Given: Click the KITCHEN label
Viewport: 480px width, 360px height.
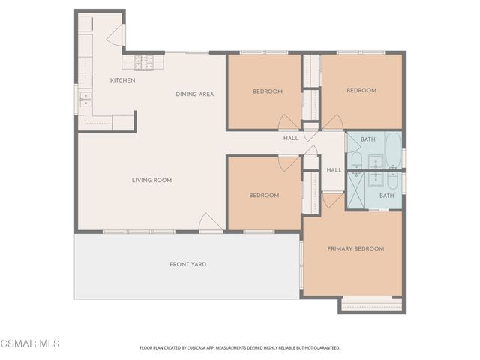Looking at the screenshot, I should (x=122, y=80).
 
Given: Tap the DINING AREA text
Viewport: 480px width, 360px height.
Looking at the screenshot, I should (x=195, y=94).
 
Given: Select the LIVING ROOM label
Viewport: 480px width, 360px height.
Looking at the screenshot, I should (x=152, y=180).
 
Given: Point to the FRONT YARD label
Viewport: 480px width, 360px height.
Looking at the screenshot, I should (x=187, y=264).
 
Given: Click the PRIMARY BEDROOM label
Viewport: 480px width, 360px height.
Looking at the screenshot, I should (x=355, y=249).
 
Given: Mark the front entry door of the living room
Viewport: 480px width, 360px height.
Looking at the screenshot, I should (x=210, y=223).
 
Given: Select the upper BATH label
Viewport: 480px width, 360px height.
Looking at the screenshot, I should (x=367, y=139).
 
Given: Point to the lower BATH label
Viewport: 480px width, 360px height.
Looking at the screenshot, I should (x=386, y=196).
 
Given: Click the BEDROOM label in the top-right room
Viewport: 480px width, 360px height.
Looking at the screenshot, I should (x=361, y=90).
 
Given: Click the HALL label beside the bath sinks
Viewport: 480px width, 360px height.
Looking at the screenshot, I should (x=334, y=170).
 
